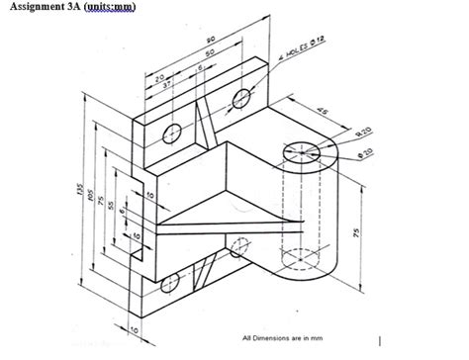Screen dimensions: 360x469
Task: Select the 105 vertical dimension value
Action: click(x=91, y=204)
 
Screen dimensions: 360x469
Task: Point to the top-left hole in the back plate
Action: click(x=173, y=132)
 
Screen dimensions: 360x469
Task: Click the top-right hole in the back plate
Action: click(x=240, y=96)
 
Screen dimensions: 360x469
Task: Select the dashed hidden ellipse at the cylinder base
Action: click(x=304, y=259)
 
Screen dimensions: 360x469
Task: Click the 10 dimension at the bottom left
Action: click(x=135, y=328)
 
